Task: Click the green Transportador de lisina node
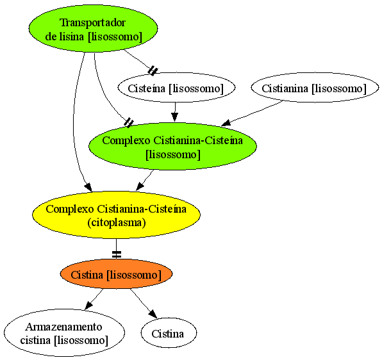[93, 28]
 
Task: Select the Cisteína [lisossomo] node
[176, 88]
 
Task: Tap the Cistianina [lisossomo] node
[315, 88]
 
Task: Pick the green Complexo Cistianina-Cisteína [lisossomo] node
[172, 146]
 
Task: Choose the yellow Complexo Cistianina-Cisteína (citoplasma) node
[116, 215]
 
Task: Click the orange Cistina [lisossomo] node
[116, 274]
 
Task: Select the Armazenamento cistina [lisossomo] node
[64, 333]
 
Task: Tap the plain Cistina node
[169, 333]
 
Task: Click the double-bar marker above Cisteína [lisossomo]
[153, 70]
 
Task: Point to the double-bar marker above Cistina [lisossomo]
[117, 254]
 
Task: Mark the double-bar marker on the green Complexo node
[129, 122]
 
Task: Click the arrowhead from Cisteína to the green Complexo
[174, 117]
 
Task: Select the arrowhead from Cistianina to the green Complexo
[226, 123]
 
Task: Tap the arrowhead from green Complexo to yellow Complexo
[140, 186]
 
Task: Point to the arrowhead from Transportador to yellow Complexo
[88, 187]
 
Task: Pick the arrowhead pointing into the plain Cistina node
[153, 314]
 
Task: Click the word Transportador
[92, 22]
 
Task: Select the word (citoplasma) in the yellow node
[117, 222]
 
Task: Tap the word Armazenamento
[63, 327]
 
